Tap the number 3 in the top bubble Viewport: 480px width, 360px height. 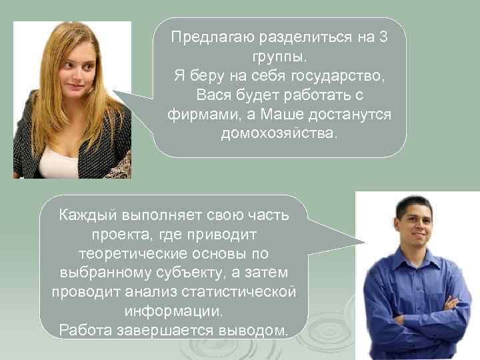point(383,37)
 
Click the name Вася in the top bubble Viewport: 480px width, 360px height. point(214,95)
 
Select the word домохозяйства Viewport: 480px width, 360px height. point(279,134)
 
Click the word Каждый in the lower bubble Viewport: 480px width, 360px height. point(86,215)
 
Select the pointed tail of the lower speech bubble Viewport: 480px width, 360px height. point(357,240)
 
